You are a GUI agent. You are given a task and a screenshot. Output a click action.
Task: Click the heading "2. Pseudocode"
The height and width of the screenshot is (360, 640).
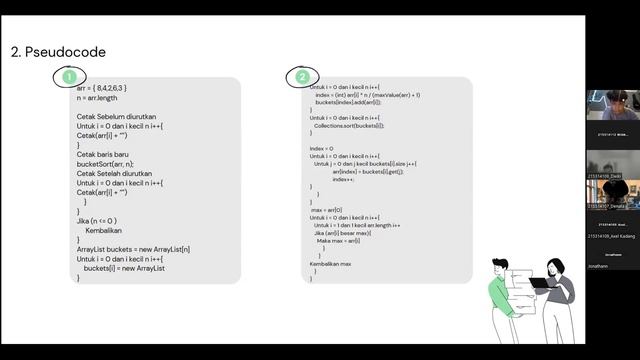tap(57, 51)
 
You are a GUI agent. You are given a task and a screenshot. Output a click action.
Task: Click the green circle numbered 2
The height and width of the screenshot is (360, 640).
tap(302, 76)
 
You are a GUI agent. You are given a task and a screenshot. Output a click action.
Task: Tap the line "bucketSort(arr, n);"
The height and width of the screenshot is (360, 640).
tap(105, 164)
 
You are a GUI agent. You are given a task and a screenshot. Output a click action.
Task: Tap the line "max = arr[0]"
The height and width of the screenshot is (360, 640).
tap(326, 210)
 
